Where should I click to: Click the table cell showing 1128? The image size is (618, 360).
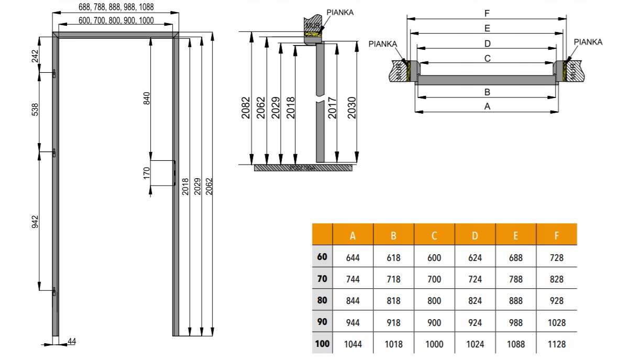556,344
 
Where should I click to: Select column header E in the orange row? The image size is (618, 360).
516,235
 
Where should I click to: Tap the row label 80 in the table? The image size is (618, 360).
322,300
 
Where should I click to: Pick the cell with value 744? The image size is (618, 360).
353,279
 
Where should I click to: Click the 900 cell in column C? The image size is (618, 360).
434,323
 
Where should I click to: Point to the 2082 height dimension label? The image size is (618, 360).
246,107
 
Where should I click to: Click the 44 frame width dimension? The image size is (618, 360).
72,342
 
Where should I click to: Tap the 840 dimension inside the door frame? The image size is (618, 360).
147,99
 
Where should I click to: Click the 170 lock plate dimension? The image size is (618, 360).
147,172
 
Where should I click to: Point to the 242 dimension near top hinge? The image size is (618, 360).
35,56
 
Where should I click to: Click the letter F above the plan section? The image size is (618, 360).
487,14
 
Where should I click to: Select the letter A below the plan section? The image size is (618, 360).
487,106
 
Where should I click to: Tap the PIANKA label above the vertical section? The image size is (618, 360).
339,12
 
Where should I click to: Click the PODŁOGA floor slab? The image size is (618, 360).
303,168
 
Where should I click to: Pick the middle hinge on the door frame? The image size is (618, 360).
54,152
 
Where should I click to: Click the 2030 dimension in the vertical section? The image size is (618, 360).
352,107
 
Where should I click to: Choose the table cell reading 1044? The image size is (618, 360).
353,344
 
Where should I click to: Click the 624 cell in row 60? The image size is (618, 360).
475,257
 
